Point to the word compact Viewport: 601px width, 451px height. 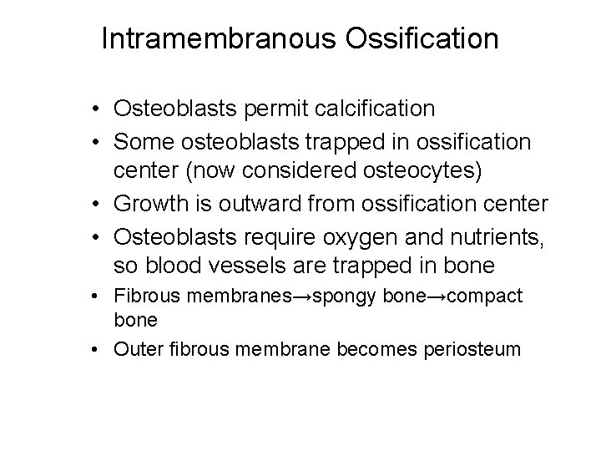click(x=487, y=296)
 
